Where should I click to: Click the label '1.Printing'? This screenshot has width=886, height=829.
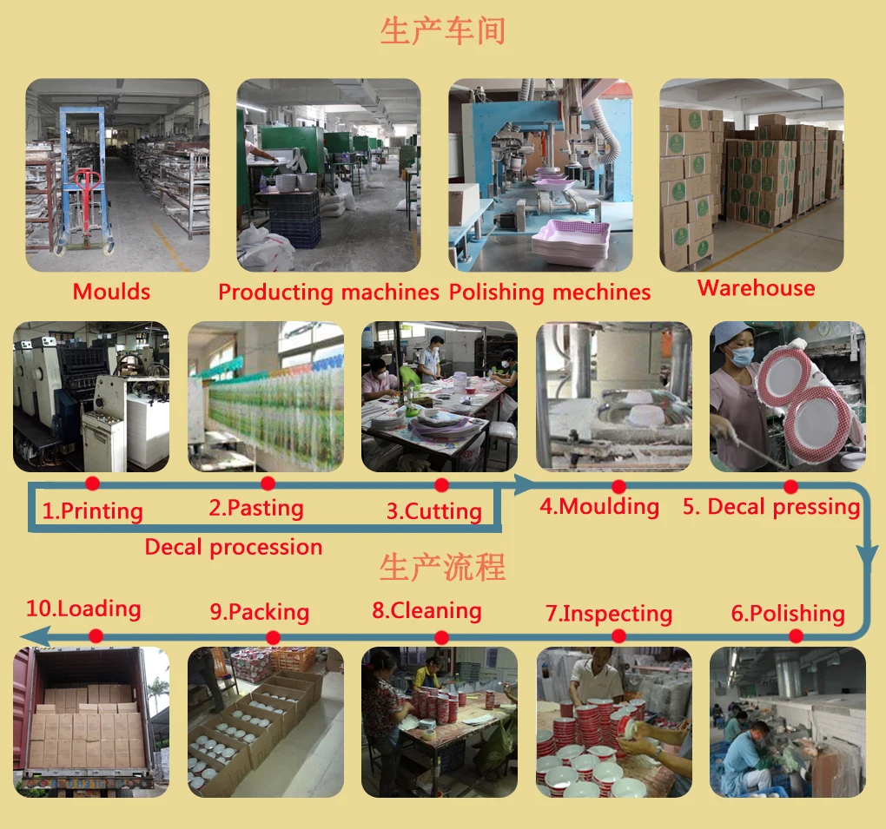click(93, 510)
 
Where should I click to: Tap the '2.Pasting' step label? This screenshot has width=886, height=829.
click(256, 508)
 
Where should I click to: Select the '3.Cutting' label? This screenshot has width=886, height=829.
click(434, 511)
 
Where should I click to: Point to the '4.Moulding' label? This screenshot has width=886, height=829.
click(599, 506)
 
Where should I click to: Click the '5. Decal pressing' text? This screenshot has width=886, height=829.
click(771, 507)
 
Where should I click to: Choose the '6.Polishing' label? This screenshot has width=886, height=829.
click(788, 614)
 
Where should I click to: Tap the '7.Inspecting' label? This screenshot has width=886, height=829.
click(609, 614)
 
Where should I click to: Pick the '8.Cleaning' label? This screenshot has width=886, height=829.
click(426, 610)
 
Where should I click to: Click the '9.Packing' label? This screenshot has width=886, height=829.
click(259, 612)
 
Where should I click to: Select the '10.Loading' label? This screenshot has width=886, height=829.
click(83, 609)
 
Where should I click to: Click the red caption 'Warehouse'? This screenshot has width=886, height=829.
click(757, 288)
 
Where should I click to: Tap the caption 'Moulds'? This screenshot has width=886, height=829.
click(111, 292)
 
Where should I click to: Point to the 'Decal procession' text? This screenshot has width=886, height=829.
click(234, 547)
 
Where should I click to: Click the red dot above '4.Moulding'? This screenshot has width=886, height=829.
click(618, 486)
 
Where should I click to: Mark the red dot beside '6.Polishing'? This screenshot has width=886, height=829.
click(796, 636)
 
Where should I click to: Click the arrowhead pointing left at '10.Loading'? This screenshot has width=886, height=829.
click(28, 638)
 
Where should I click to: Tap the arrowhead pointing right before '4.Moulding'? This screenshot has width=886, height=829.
click(524, 484)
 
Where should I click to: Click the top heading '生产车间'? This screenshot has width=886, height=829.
click(442, 31)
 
